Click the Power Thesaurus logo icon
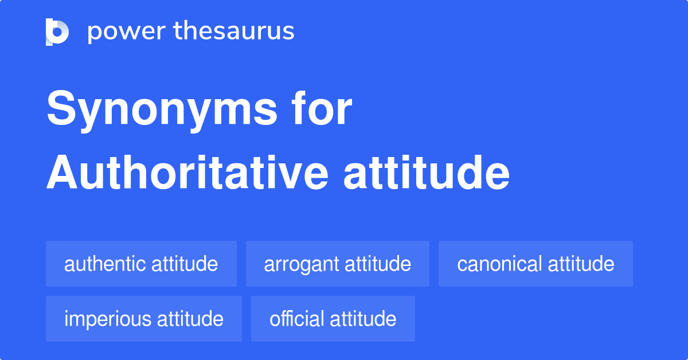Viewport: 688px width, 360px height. pyautogui.click(x=57, y=32)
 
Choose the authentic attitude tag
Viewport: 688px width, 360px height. pyautogui.click(x=141, y=264)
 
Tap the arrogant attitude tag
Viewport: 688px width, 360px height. pyautogui.click(x=337, y=264)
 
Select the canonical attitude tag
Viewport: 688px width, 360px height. pyautogui.click(x=535, y=264)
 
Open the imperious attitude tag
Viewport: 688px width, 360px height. pyautogui.click(x=144, y=319)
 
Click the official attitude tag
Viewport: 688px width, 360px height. pyautogui.click(x=333, y=319)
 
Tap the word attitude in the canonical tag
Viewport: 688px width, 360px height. pyautogui.click(x=581, y=264)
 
